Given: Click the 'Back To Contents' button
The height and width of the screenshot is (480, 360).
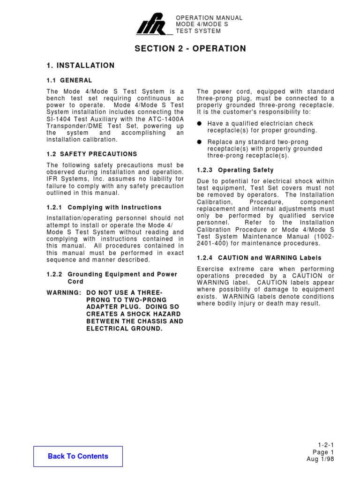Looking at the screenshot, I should [x=78, y=456].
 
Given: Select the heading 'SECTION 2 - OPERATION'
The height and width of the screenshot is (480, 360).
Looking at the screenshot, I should [x=190, y=49].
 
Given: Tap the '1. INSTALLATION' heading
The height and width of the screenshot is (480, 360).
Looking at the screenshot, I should [x=81, y=66].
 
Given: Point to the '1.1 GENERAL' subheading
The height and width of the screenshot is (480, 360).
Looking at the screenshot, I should [x=69, y=80].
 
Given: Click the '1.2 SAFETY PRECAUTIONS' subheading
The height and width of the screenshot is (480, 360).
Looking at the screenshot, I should [x=92, y=154].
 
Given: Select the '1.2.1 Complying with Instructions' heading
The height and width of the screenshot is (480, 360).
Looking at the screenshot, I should [x=104, y=207].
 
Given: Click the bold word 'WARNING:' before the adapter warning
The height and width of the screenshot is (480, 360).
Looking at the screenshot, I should [x=63, y=292].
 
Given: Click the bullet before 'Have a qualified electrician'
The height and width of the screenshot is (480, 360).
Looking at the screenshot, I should [x=200, y=123].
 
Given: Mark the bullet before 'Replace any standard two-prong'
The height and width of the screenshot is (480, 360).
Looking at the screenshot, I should [x=200, y=142].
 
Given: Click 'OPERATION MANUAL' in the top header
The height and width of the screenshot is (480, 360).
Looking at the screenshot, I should [x=209, y=18].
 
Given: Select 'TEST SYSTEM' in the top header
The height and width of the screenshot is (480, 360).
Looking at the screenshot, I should [x=198, y=31].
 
